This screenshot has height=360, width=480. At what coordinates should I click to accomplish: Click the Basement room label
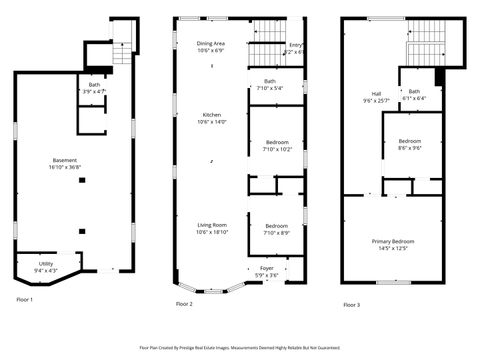point(65,163)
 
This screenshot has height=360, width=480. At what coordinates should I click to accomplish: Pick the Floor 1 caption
point(24,299)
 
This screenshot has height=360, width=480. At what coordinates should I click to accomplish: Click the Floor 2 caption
point(184,303)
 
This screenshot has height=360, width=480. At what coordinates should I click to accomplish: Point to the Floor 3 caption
point(350,304)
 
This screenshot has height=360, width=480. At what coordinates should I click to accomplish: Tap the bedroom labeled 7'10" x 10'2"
point(277,146)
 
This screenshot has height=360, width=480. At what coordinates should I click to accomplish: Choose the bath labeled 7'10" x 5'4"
point(270,84)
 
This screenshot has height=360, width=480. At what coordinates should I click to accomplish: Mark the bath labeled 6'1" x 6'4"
point(414,95)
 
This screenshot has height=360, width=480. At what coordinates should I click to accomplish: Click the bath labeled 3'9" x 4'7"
point(94,88)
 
